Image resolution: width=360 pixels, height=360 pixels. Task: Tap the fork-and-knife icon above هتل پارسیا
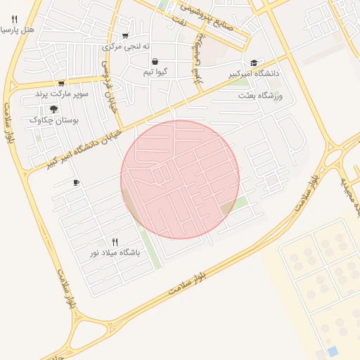(15, 20)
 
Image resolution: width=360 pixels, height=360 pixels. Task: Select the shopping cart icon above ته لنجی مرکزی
(125, 36)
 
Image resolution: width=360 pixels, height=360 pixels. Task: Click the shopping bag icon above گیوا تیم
(155, 61)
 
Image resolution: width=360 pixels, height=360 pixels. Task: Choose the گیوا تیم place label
(155, 72)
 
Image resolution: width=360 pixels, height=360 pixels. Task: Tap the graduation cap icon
(254, 63)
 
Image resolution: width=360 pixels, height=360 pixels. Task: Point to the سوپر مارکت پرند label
(62, 94)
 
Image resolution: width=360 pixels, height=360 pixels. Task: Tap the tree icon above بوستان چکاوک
(53, 109)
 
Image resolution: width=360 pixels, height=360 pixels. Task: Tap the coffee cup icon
(77, 183)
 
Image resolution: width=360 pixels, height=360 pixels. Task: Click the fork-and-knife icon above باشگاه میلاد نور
(115, 241)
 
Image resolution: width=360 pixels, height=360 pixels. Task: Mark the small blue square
(333, 350)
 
